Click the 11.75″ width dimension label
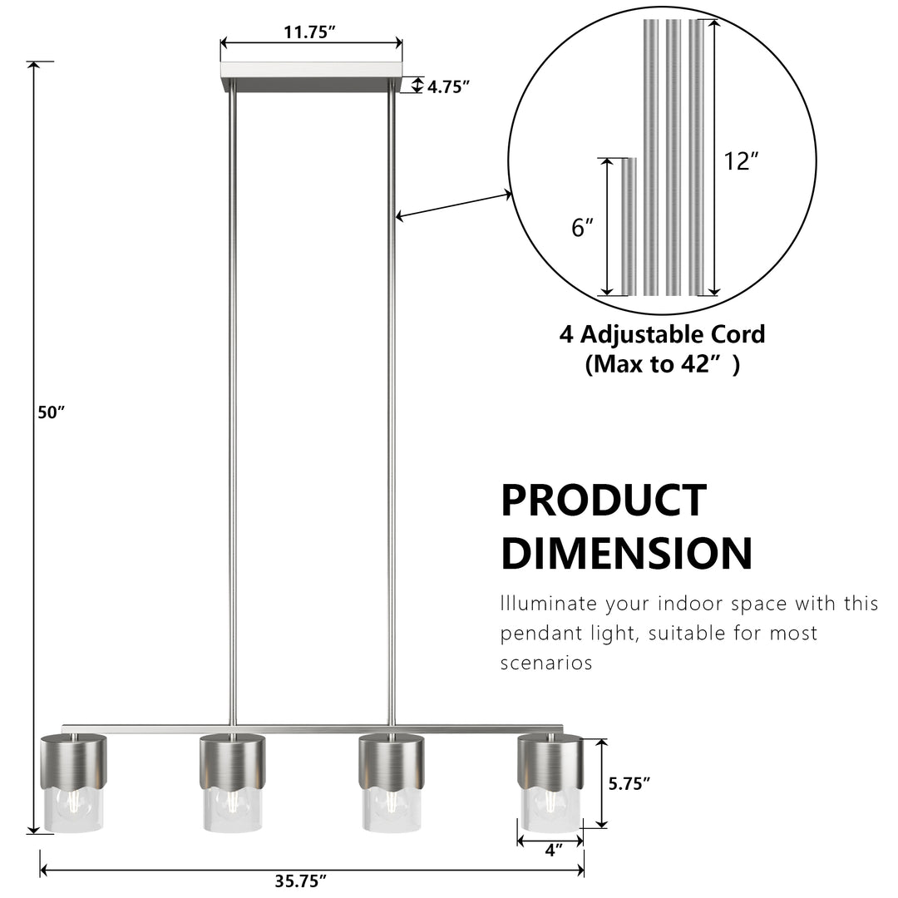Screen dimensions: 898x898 click(309, 32)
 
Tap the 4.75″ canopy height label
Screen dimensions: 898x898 click(448, 87)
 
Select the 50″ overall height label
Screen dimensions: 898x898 click(51, 412)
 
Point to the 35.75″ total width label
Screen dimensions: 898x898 click(301, 881)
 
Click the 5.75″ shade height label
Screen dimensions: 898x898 click(629, 783)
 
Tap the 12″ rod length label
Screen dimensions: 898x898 click(741, 161)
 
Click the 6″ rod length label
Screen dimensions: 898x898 click(582, 227)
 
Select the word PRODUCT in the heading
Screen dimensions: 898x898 click(604, 501)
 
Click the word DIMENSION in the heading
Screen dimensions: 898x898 click(627, 553)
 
